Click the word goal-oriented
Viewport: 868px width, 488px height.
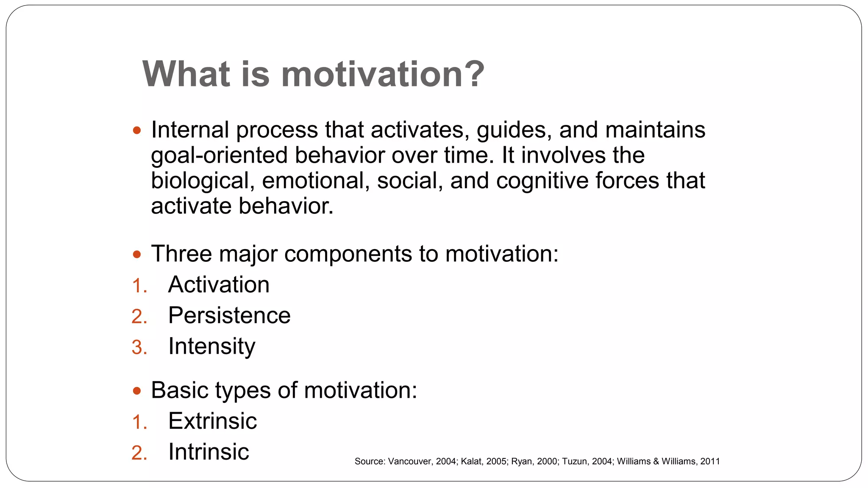(x=219, y=155)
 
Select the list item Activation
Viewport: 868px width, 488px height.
(x=219, y=284)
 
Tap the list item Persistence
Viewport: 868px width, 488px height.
(x=229, y=315)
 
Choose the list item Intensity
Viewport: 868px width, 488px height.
(x=211, y=347)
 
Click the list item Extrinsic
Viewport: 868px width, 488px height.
(x=212, y=421)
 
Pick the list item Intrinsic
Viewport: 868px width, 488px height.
(x=209, y=452)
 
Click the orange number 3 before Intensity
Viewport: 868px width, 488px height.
(x=138, y=347)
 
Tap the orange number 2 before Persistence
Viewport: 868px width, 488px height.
(x=138, y=316)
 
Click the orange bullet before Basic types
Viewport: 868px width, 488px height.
(x=136, y=391)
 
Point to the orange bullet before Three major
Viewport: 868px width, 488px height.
(x=136, y=255)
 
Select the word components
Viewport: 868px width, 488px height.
(x=348, y=254)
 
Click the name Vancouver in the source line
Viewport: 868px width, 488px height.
(x=409, y=461)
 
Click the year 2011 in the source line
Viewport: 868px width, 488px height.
(x=710, y=461)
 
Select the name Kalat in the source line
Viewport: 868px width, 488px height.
(x=471, y=461)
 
